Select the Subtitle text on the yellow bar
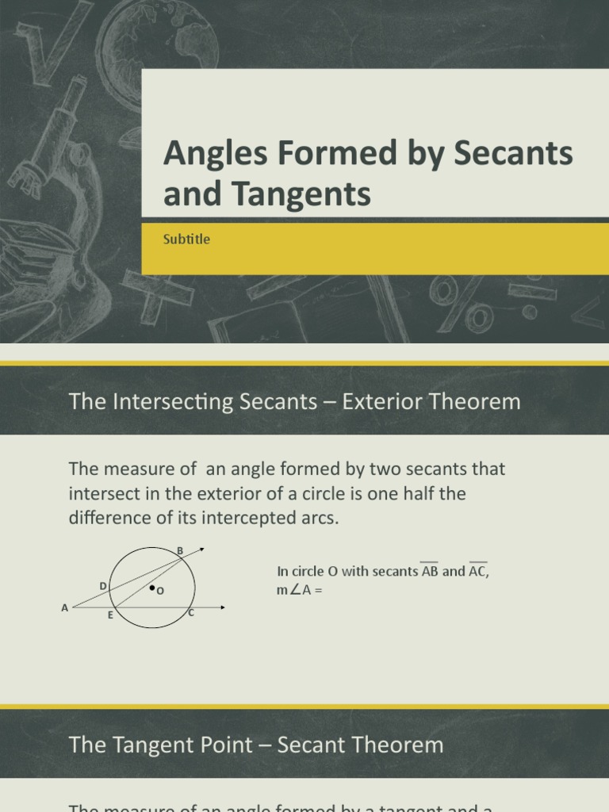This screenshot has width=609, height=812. coord(186,239)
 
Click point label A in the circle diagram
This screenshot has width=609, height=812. coord(64,608)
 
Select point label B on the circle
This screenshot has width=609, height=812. coord(179,550)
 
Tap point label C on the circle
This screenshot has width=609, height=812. coord(191,613)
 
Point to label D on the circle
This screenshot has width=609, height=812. coord(102,586)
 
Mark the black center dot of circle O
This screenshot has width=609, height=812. coord(152,588)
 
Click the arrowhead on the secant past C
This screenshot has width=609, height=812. coord(223,607)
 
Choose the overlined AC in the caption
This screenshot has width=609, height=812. coord(477,571)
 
